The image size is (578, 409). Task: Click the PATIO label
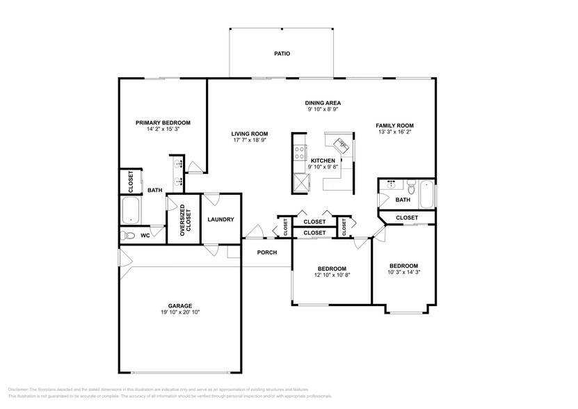pyautogui.click(x=282, y=54)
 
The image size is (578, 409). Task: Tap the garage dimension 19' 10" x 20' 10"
pyautogui.click(x=179, y=312)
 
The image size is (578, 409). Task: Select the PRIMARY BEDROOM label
pyautogui.click(x=163, y=122)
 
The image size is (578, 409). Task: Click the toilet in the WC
pyautogui.click(x=127, y=236)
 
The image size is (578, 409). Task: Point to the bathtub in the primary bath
pyautogui.click(x=131, y=210)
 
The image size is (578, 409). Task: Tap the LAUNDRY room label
pyautogui.click(x=220, y=220)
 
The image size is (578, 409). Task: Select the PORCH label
pyautogui.click(x=267, y=252)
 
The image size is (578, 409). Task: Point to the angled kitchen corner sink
pyautogui.click(x=343, y=145)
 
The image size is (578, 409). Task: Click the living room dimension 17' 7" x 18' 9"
pyautogui.click(x=250, y=140)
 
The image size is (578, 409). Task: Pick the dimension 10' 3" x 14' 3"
pyautogui.click(x=403, y=272)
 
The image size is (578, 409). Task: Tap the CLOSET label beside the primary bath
pyautogui.click(x=131, y=182)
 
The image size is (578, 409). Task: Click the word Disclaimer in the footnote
pyautogui.click(x=20, y=390)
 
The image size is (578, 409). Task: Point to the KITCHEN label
pyautogui.click(x=323, y=161)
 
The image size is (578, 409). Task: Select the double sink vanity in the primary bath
pyautogui.click(x=179, y=173)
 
